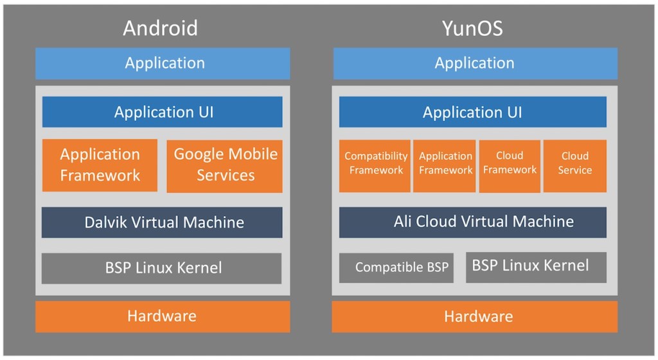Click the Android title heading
pyautogui.click(x=160, y=28)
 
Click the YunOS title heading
pyautogui.click(x=474, y=28)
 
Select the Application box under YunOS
pyautogui.click(x=474, y=63)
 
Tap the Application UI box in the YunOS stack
pyautogui.click(x=472, y=113)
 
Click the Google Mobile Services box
pyautogui.click(x=224, y=165)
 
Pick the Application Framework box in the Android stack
pyautogui.click(x=100, y=165)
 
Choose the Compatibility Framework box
pyautogui.click(x=375, y=165)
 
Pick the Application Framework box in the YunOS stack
pyautogui.click(x=445, y=165)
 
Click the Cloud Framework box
pyautogui.click(x=510, y=165)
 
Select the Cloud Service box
pyautogui.click(x=574, y=165)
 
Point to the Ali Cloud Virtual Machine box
pyautogui.click(x=472, y=222)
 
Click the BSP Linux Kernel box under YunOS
pyautogui.click(x=536, y=266)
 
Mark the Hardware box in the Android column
pyautogui.click(x=162, y=316)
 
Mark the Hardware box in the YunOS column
pyautogui.click(x=474, y=316)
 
